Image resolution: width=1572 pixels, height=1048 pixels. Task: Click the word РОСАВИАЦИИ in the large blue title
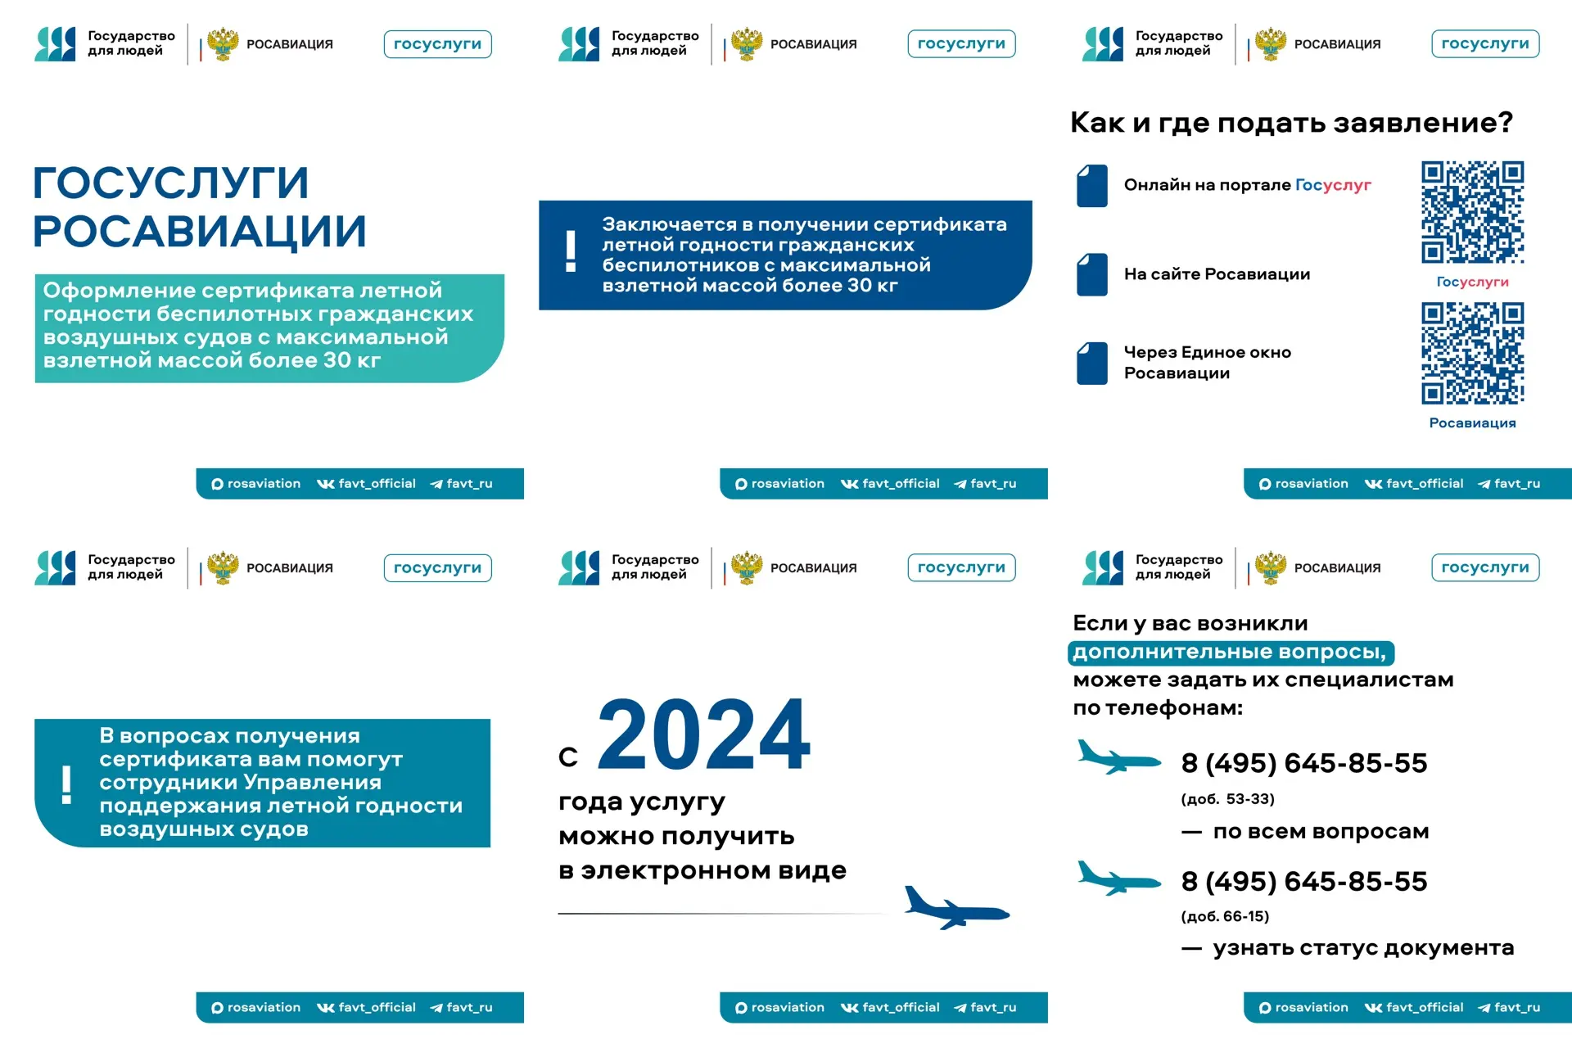pyautogui.click(x=199, y=232)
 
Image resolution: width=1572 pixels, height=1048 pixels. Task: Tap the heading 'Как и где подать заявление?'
pyautogui.click(x=1291, y=123)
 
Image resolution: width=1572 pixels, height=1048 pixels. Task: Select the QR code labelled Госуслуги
pyautogui.click(x=1472, y=212)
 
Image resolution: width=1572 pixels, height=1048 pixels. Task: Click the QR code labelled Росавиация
pyautogui.click(x=1472, y=353)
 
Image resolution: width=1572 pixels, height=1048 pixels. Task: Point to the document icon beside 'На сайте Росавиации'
pyautogui.click(x=1092, y=274)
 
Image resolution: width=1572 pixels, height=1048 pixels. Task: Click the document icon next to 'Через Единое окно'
pyautogui.click(x=1092, y=363)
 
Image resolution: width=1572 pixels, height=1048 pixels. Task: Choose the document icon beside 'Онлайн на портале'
pyautogui.click(x=1092, y=186)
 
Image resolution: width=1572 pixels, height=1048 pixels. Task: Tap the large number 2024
pyautogui.click(x=704, y=735)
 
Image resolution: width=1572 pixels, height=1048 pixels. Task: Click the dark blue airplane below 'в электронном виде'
pyautogui.click(x=955, y=909)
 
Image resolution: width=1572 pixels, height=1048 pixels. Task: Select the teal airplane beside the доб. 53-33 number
pyautogui.click(x=1118, y=758)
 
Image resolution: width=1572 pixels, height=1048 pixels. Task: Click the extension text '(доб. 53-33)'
pyautogui.click(x=1227, y=799)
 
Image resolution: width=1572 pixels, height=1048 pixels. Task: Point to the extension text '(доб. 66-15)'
pyautogui.click(x=1225, y=916)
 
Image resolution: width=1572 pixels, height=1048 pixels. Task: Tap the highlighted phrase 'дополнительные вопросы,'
pyautogui.click(x=1230, y=653)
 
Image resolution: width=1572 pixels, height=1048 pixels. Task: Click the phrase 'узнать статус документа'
pyautogui.click(x=1363, y=948)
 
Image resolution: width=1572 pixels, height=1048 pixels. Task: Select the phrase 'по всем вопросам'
pyautogui.click(x=1321, y=832)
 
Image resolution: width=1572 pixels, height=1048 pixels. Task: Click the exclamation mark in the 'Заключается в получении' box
pyautogui.click(x=571, y=252)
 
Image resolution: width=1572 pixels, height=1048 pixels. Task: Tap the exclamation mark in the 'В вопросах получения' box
pyautogui.click(x=66, y=785)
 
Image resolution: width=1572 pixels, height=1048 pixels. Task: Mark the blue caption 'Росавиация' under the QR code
pyautogui.click(x=1472, y=423)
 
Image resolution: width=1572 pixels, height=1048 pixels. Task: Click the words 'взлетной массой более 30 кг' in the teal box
pyautogui.click(x=212, y=360)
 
